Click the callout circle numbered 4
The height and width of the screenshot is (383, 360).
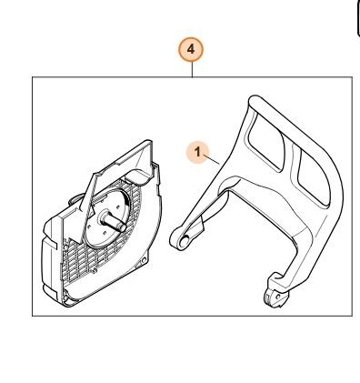coord(191,49)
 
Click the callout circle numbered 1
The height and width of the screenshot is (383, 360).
coord(198,152)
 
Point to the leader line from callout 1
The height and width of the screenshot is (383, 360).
coord(211,159)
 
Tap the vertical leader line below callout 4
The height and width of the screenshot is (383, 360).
coord(192,69)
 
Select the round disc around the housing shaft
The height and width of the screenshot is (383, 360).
coord(108,218)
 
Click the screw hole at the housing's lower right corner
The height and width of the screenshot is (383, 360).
coord(144,259)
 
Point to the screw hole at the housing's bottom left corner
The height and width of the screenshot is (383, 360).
coord(68,300)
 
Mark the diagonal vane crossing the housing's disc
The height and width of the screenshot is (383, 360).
coord(88,209)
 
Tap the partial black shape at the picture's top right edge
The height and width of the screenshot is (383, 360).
coord(358,18)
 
